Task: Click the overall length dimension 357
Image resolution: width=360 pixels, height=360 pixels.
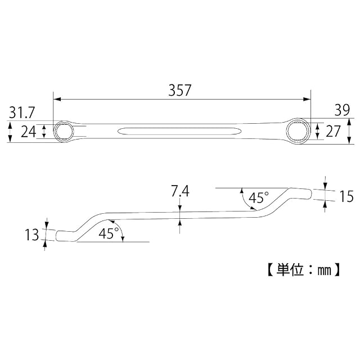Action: click(180, 90)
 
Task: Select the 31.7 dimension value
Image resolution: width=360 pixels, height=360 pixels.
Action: click(22, 112)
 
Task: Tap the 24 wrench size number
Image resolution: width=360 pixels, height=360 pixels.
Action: click(29, 132)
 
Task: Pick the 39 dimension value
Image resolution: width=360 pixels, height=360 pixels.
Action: click(342, 110)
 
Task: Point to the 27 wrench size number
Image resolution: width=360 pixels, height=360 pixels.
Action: click(333, 131)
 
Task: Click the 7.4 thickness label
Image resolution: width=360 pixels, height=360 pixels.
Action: click(180, 191)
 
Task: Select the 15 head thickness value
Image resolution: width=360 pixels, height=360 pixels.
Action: click(346, 196)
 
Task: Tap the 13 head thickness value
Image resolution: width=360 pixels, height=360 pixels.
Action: click(32, 235)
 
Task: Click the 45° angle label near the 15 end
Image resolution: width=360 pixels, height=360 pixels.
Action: click(259, 197)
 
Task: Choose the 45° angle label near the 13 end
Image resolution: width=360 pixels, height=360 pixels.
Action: click(109, 233)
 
